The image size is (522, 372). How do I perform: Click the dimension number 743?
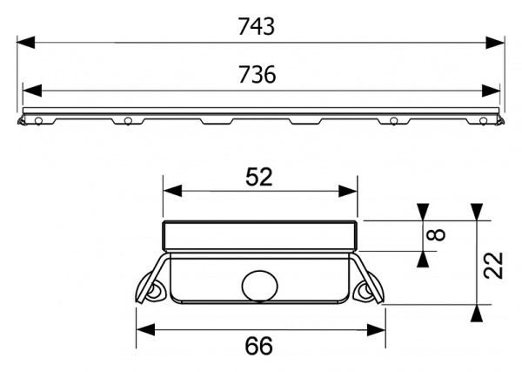coord(258,26)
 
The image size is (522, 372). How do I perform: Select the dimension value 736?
coord(258,75)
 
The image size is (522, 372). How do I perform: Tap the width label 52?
coord(258,177)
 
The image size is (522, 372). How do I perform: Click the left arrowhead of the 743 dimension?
coord(26,41)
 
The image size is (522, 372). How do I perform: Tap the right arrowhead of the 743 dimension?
coord(497,41)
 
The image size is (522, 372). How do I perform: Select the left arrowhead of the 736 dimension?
coord(31,89)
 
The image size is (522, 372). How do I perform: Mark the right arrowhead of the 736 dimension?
coord(492,89)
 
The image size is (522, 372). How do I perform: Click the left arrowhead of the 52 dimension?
coord(171,192)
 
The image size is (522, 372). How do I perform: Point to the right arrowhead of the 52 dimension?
coord(350,192)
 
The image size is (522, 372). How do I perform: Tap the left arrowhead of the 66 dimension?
coord(144,329)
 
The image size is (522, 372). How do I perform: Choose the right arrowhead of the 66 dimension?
coord(378,329)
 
